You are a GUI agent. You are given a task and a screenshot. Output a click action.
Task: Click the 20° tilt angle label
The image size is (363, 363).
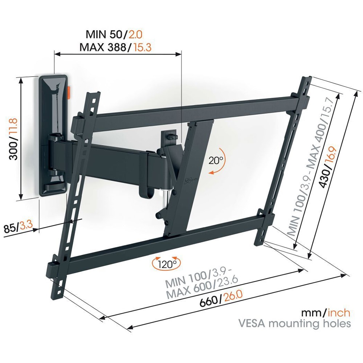(216, 160)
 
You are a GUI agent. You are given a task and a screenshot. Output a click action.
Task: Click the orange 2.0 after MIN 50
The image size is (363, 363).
(135, 35)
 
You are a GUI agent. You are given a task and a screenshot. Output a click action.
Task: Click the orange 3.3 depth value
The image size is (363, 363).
(25, 225)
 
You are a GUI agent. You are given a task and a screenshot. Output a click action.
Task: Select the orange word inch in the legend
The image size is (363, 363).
(339, 313)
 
